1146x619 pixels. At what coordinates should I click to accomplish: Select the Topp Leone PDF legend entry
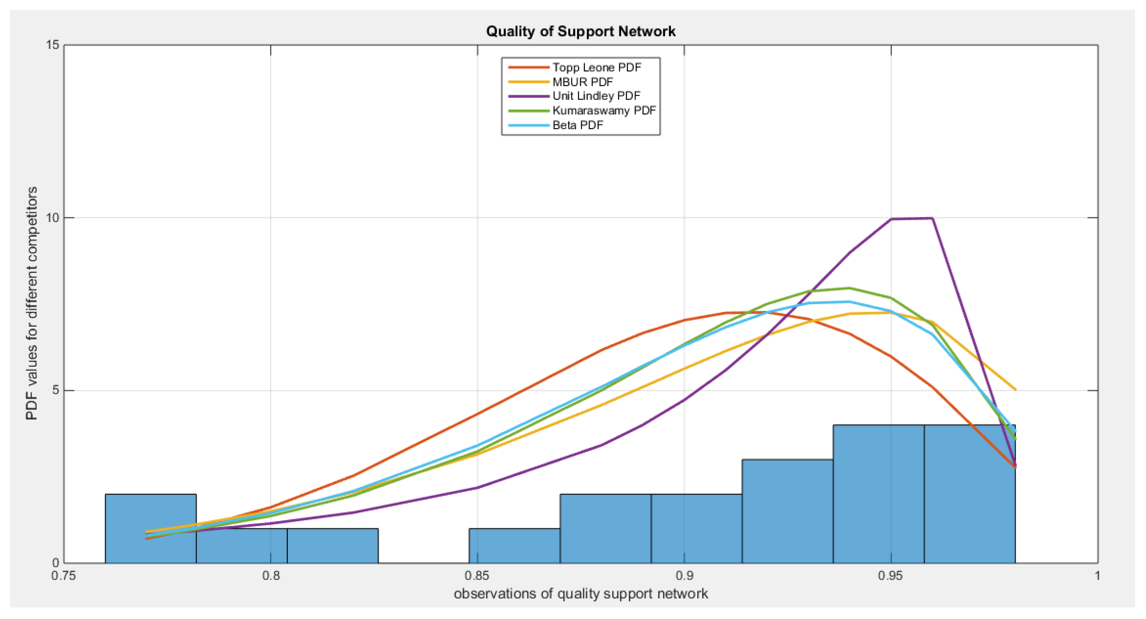click(x=597, y=68)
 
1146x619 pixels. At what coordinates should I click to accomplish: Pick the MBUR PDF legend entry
click(x=582, y=82)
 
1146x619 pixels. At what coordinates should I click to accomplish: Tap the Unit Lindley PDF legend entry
click(x=596, y=96)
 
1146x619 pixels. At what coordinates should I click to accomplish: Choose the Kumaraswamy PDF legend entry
click(x=604, y=110)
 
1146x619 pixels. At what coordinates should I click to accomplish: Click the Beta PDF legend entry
click(x=577, y=125)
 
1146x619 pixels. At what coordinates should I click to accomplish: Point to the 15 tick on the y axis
click(x=53, y=45)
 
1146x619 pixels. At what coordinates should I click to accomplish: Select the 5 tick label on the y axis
click(x=56, y=390)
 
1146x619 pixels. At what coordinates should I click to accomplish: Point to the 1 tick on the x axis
click(x=1097, y=576)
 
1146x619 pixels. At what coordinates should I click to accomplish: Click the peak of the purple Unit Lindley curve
click(x=932, y=218)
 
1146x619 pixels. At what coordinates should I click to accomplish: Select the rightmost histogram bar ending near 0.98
click(x=969, y=494)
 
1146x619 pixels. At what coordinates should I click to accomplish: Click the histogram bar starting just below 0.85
click(x=514, y=546)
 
